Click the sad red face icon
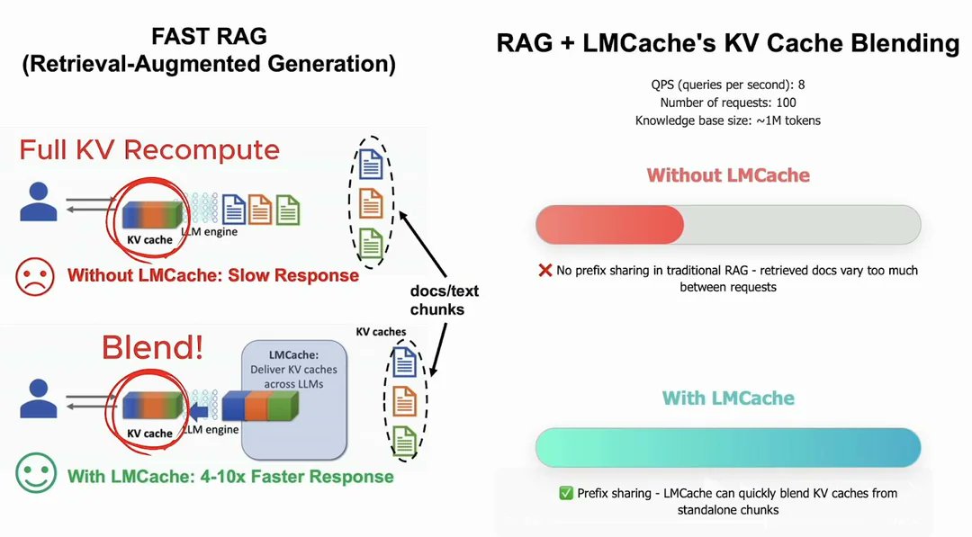(35, 276)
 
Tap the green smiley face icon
(36, 474)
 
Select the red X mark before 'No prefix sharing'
(544, 270)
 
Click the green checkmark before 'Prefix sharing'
(566, 493)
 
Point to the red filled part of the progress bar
(609, 224)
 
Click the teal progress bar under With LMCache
(728, 447)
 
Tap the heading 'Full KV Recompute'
(149, 150)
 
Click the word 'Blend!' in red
(152, 347)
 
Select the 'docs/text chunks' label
(445, 300)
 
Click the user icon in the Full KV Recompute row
(39, 201)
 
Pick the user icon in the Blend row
(39, 398)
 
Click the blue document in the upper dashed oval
(372, 164)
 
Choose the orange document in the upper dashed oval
(372, 203)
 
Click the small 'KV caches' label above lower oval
(381, 332)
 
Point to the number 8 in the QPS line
(802, 85)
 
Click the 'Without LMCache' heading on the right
(728, 175)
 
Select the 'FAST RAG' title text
(209, 36)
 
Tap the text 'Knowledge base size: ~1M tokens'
(728, 121)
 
